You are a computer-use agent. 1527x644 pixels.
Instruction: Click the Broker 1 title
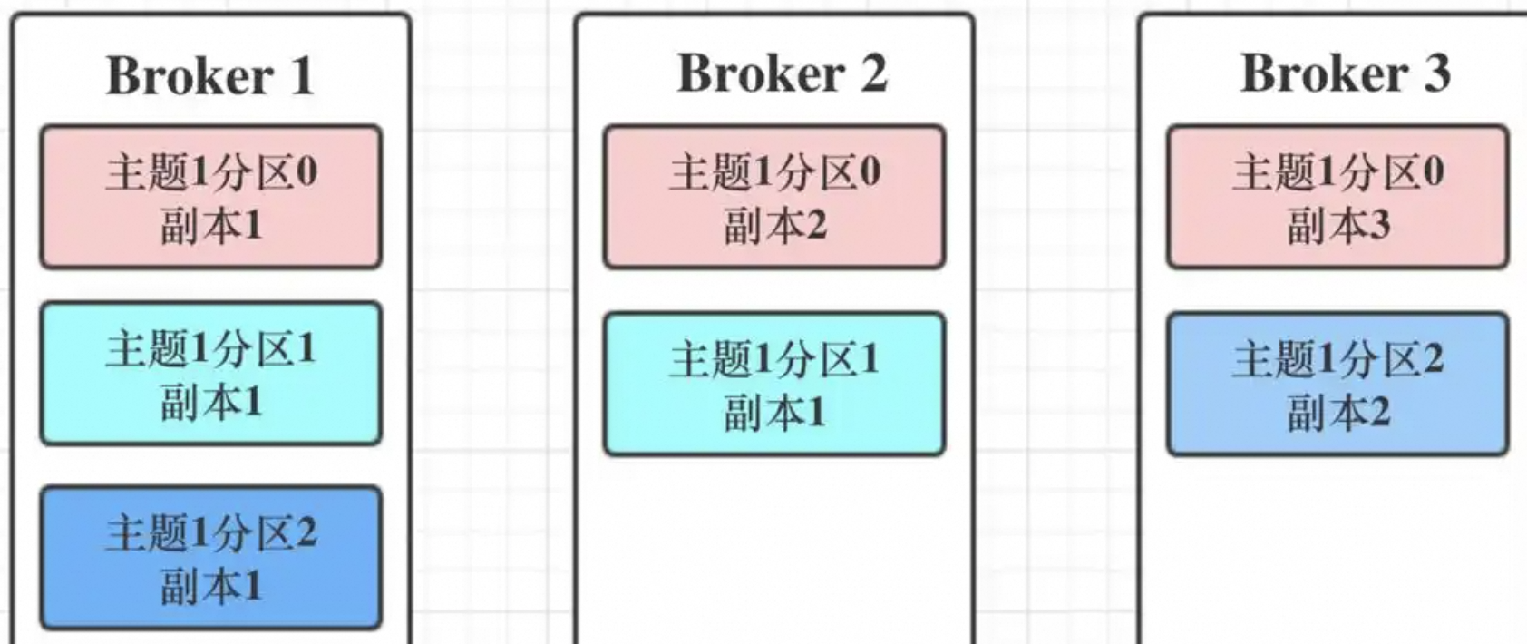[x=209, y=75]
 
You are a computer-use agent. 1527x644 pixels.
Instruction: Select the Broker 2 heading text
[x=782, y=73]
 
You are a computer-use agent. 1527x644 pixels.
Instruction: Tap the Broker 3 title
[x=1345, y=73]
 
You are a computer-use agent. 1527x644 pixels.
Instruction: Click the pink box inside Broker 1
[x=210, y=197]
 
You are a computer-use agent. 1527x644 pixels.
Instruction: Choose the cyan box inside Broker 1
[x=210, y=374]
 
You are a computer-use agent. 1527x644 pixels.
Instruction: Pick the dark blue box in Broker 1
[x=210, y=558]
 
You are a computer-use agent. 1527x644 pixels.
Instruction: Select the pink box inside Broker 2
[x=774, y=197]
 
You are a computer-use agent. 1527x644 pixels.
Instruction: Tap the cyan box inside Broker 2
[x=774, y=384]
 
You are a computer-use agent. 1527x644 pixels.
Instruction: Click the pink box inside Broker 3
[x=1337, y=197]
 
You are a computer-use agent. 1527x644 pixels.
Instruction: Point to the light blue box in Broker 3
[x=1337, y=384]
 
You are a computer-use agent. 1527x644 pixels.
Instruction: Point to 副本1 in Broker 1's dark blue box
[x=210, y=586]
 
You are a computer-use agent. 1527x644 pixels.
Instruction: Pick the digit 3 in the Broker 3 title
[x=1436, y=73]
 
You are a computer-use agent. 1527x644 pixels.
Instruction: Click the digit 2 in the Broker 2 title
[x=872, y=73]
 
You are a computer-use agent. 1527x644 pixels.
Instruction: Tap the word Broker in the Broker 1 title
[x=190, y=75]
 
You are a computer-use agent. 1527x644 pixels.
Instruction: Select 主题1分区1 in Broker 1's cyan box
[x=210, y=347]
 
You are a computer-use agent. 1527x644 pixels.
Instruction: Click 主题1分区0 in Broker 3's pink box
[x=1337, y=171]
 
